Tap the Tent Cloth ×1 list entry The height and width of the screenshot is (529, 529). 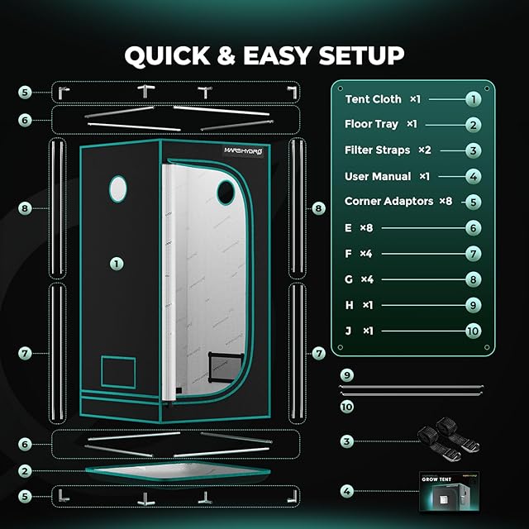pos(384,99)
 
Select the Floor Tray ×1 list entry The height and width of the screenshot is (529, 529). pos(380,125)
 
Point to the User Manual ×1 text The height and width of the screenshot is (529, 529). pos(387,176)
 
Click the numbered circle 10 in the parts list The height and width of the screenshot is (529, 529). pos(472,331)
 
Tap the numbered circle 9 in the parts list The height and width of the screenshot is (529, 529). pos(472,305)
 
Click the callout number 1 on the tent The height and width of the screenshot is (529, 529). pos(117,264)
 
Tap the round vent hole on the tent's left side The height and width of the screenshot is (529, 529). pos(119,188)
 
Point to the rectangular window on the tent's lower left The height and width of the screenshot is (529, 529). pos(117,370)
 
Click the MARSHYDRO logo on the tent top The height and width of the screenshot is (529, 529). pos(245,150)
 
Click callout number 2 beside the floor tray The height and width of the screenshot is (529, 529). pos(26,471)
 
